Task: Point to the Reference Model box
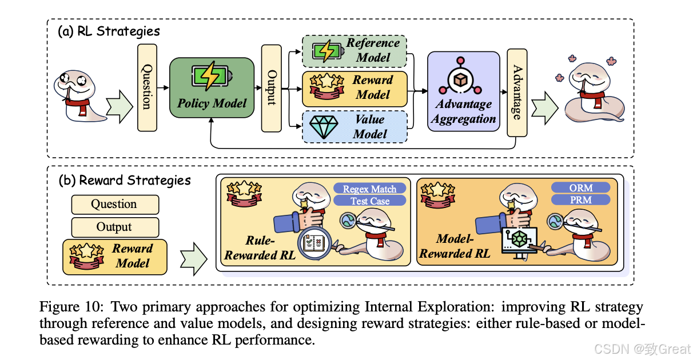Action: (x=354, y=50)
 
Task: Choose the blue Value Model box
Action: (x=354, y=126)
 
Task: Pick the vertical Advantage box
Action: (x=517, y=93)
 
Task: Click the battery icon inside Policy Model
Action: (x=212, y=76)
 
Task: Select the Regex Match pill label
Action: (x=369, y=189)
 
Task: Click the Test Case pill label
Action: (x=369, y=201)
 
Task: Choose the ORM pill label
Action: (x=580, y=187)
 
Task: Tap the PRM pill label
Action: (x=580, y=199)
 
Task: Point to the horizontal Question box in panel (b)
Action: (x=114, y=205)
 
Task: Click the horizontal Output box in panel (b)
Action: (x=114, y=227)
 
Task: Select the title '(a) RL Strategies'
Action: (x=109, y=31)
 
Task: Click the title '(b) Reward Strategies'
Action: (x=125, y=180)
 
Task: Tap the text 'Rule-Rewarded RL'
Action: (x=260, y=248)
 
